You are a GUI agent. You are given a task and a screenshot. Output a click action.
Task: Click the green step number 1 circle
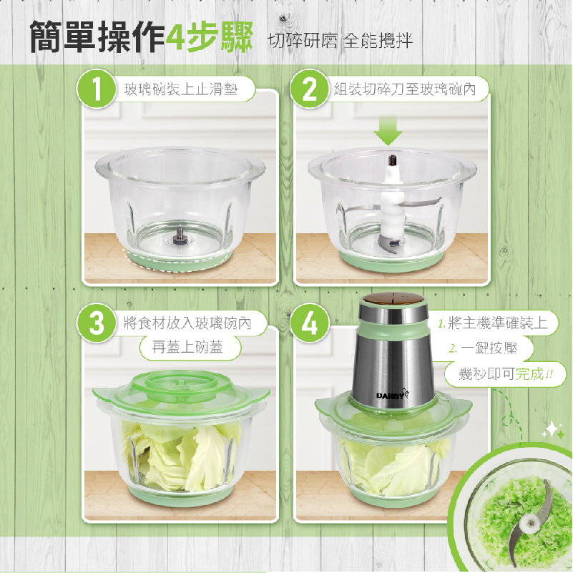pyautogui.click(x=96, y=89)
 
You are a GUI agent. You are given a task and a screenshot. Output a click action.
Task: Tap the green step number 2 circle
pyautogui.click(x=310, y=89)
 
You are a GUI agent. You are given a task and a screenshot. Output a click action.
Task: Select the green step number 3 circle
pyautogui.click(x=96, y=323)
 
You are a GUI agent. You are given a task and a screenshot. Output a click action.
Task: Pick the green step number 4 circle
pyautogui.click(x=310, y=323)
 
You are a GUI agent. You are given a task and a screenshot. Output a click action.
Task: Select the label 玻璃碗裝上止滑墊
pyautogui.click(x=180, y=89)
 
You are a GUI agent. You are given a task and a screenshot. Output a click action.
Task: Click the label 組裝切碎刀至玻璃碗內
pyautogui.click(x=405, y=89)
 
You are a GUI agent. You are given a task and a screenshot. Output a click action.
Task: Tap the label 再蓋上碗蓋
pyautogui.click(x=187, y=347)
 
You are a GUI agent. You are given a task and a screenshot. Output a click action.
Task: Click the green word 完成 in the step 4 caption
pyautogui.click(x=529, y=373)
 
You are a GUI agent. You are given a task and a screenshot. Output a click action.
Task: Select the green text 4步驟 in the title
pyautogui.click(x=209, y=37)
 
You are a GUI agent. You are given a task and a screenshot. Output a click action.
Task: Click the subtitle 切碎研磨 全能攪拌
pyautogui.click(x=341, y=40)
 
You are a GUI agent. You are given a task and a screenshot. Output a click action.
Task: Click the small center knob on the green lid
pyautogui.click(x=180, y=382)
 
